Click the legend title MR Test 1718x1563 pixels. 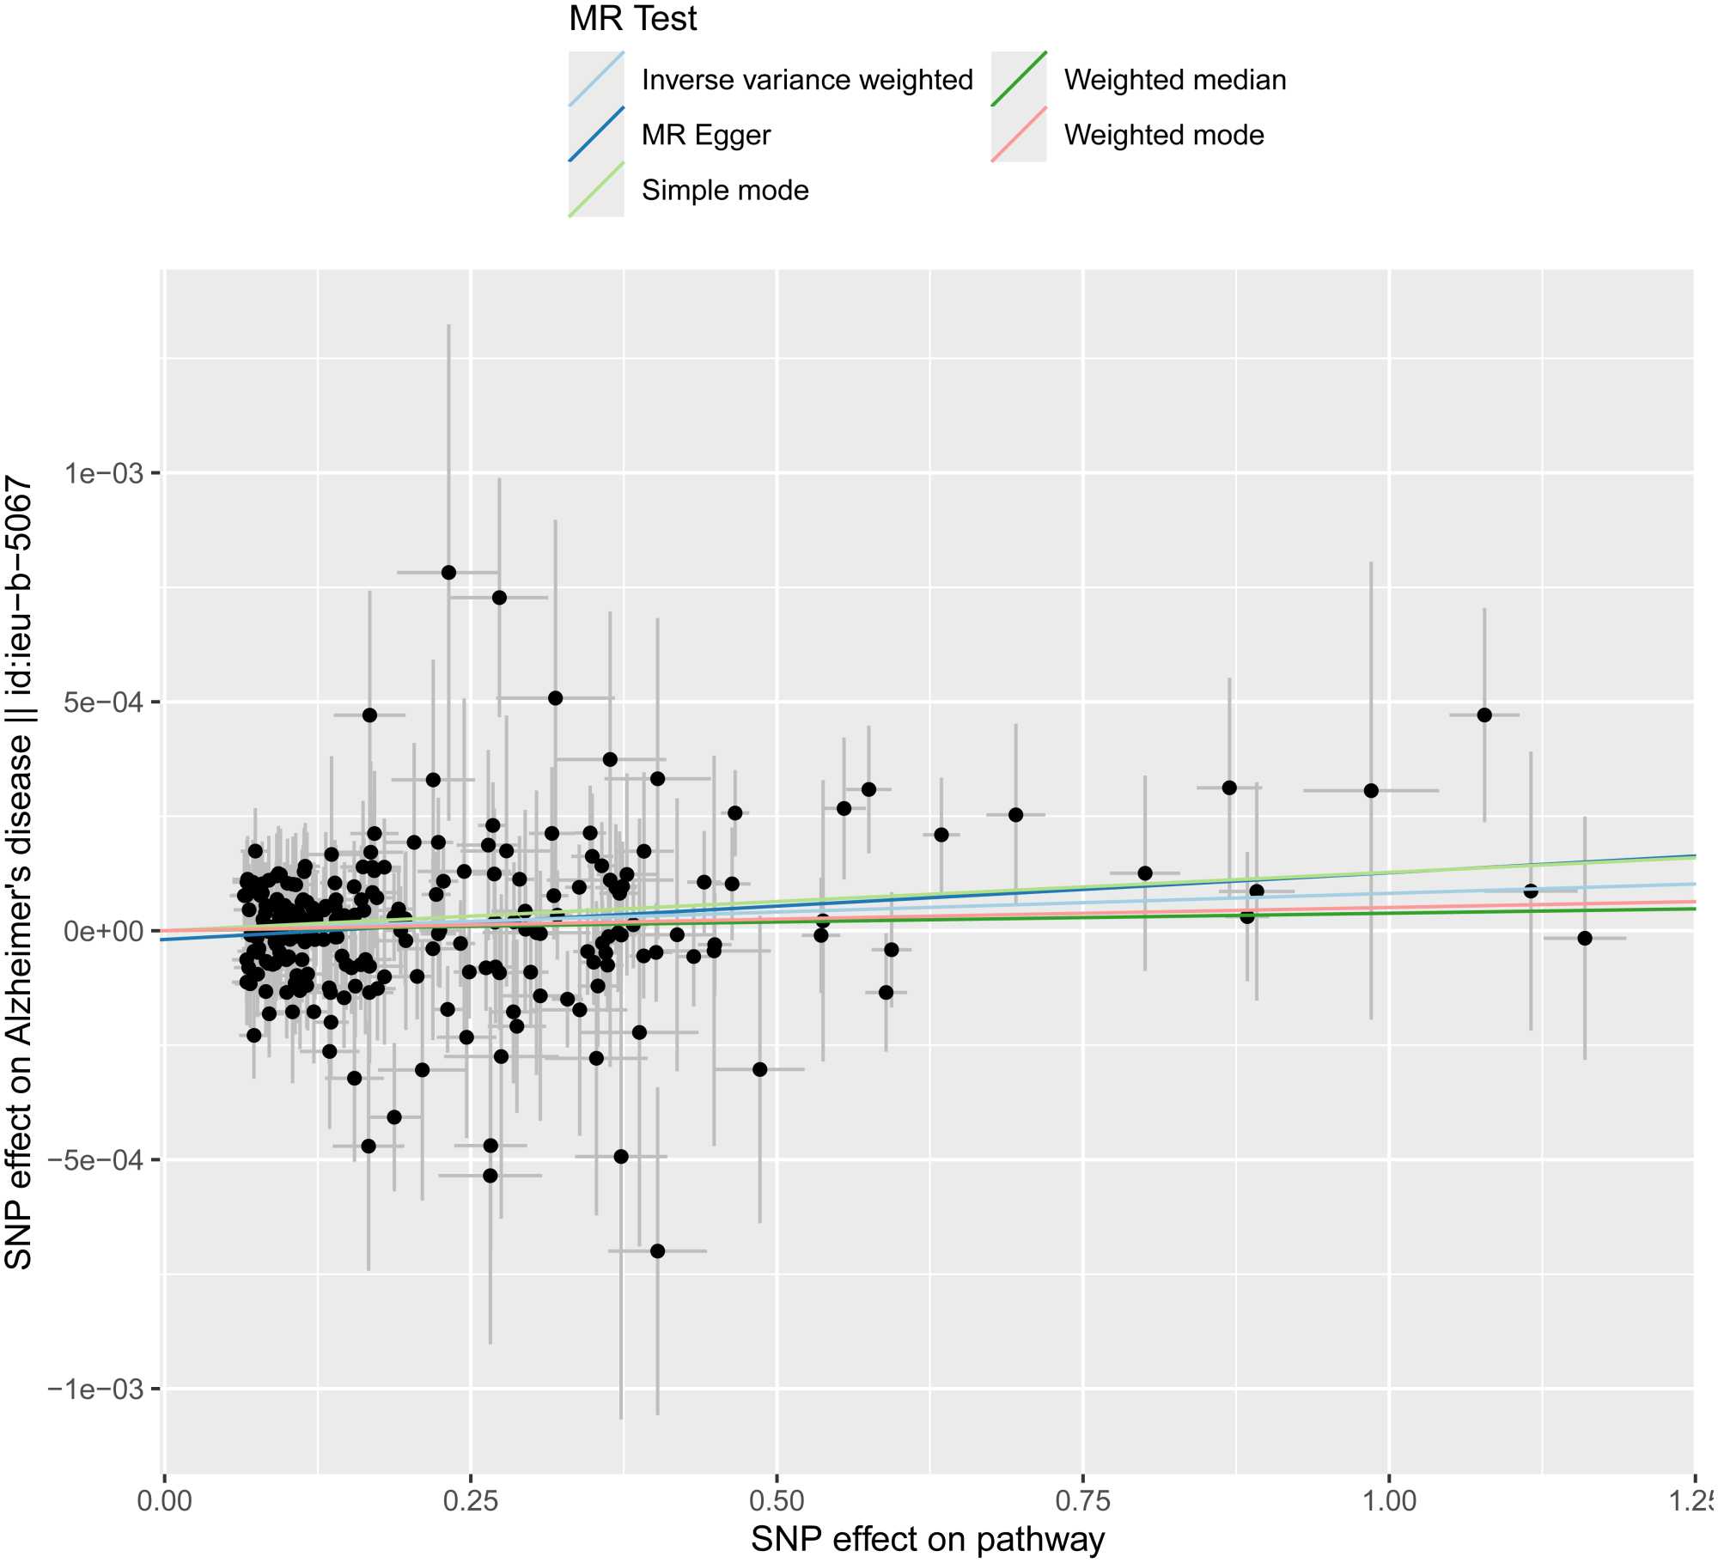(x=632, y=19)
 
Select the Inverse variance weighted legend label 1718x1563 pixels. (x=807, y=80)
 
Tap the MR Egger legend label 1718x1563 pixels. (x=706, y=135)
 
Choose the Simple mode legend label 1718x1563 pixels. (x=725, y=190)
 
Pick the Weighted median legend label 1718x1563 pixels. (x=1175, y=80)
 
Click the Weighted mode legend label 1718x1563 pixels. (x=1164, y=135)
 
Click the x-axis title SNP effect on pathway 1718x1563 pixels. (x=928, y=1540)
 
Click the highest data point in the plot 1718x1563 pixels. (x=448, y=573)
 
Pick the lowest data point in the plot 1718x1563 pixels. (x=657, y=1251)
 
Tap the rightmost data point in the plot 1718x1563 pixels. (x=1585, y=939)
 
